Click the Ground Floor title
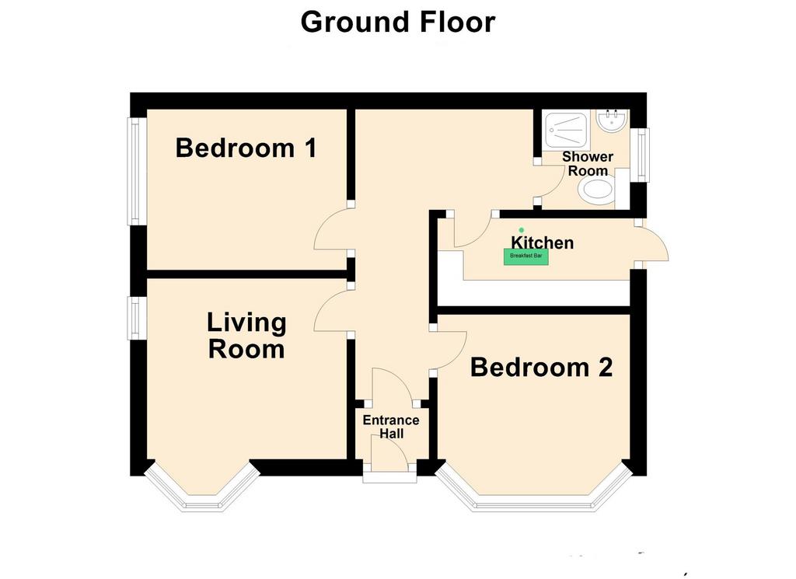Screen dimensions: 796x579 pos(397,23)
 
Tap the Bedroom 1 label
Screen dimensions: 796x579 pos(246,148)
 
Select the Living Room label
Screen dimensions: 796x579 pos(246,336)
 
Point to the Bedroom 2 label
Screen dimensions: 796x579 pos(542,368)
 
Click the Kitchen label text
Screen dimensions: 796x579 pos(542,242)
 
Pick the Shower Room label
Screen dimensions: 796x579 pos(588,163)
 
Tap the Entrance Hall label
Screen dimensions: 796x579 pos(391,427)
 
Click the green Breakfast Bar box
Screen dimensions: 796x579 pos(526,256)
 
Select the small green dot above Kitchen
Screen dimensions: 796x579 pos(521,230)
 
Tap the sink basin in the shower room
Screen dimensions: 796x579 pos(612,120)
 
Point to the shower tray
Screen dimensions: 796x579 pos(567,130)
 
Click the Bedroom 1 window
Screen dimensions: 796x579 pos(137,172)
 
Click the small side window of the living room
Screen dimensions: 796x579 pos(137,318)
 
